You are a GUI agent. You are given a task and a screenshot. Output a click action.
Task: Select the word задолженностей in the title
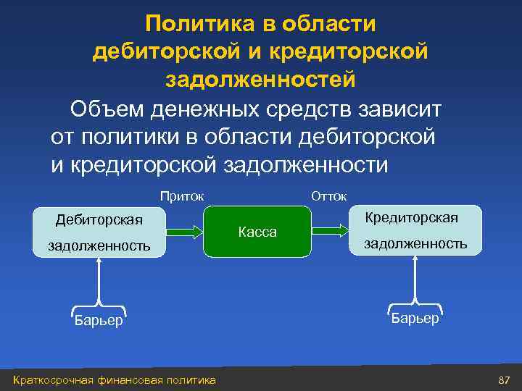pos(261,78)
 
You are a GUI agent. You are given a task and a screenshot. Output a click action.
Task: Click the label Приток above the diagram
pos(181,195)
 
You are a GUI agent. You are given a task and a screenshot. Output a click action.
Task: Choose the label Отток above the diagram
pos(328,195)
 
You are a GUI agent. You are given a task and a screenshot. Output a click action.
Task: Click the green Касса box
pos(257,232)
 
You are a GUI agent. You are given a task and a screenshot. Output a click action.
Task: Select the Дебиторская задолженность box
pos(99,232)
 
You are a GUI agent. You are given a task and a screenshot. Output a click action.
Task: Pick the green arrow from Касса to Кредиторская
pos(331,231)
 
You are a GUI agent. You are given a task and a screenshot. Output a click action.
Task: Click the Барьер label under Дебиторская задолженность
pos(99,321)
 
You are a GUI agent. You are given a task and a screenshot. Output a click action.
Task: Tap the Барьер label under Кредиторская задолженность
pos(415,318)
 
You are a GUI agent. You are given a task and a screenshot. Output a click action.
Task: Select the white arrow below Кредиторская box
pos(415,279)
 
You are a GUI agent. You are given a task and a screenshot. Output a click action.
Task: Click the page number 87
pos(505,381)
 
